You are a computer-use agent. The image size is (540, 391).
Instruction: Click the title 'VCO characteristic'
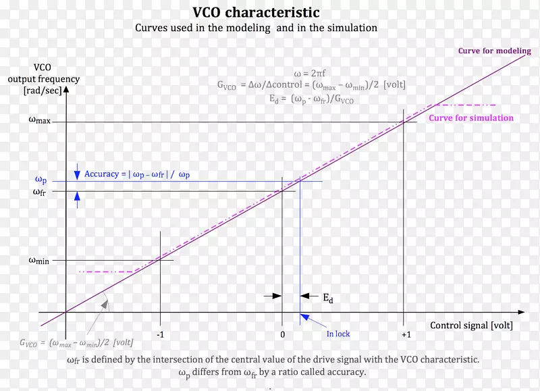[x=256, y=13]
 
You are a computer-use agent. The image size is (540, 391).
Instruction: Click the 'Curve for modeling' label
[x=494, y=51]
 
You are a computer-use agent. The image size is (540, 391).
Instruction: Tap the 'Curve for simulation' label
[x=471, y=118]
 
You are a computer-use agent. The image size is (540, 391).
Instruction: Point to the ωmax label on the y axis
[x=40, y=120]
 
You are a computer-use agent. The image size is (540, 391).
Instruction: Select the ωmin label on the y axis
[x=40, y=260]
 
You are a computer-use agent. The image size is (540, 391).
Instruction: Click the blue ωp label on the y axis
[x=41, y=180]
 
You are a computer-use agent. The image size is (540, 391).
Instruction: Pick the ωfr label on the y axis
[x=40, y=192]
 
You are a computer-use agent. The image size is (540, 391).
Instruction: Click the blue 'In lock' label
[x=338, y=334]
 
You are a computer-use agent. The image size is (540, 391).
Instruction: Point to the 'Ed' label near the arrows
[x=327, y=298]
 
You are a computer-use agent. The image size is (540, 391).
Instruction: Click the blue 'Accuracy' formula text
[x=137, y=174]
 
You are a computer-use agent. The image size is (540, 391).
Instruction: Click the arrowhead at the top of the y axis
[x=65, y=88]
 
